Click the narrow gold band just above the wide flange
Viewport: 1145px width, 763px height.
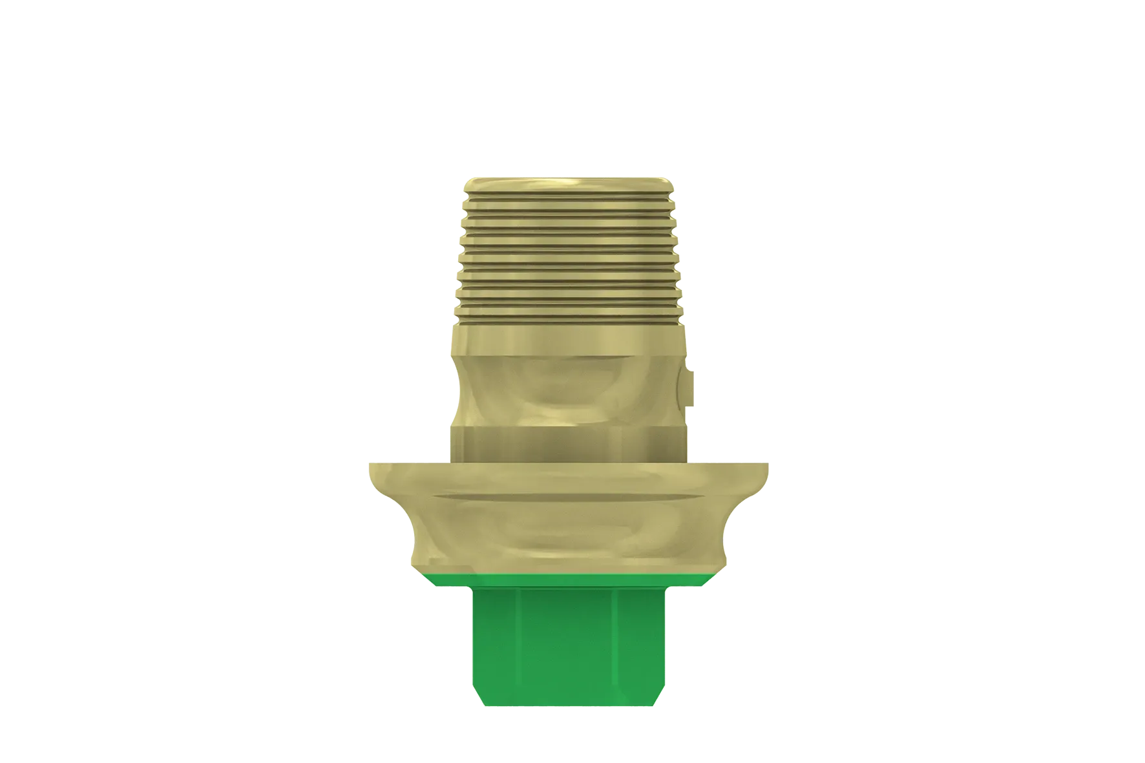click(569, 442)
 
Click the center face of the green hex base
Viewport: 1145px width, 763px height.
click(569, 653)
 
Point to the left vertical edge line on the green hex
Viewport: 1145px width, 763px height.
click(517, 653)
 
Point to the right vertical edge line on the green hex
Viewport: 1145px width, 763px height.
click(622, 653)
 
